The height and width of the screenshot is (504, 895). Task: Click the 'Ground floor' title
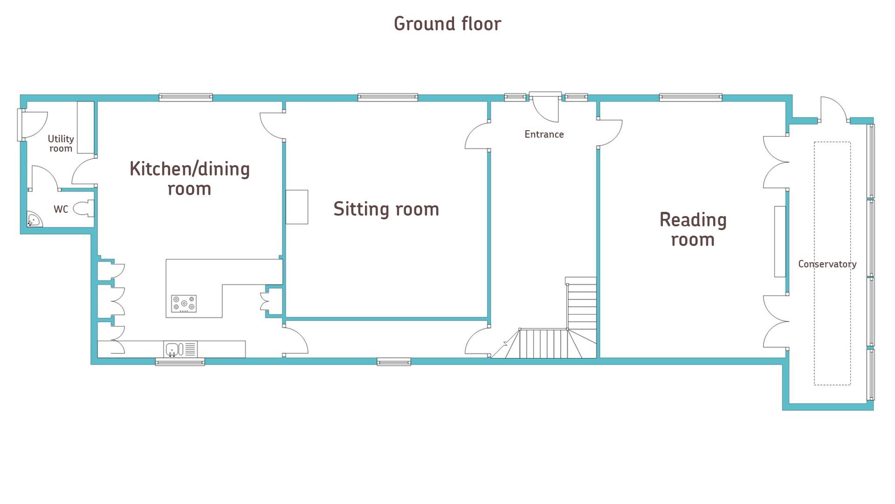click(447, 24)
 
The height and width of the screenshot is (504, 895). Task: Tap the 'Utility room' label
click(61, 143)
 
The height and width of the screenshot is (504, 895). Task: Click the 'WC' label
click(61, 209)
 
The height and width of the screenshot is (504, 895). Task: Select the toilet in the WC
click(84, 209)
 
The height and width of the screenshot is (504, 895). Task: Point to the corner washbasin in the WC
click(33, 220)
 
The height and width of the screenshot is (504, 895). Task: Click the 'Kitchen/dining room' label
click(190, 178)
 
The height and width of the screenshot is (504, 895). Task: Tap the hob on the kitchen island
click(184, 304)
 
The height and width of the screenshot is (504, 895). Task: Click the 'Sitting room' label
click(386, 209)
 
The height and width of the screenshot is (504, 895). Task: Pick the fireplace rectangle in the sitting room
click(297, 207)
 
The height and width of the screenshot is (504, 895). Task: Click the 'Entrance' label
click(544, 134)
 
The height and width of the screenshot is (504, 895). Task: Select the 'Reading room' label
click(693, 229)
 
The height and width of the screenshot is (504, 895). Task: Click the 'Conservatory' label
click(827, 264)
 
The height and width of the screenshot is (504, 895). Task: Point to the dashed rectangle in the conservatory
click(832, 327)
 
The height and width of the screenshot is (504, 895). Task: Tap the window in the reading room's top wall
click(690, 98)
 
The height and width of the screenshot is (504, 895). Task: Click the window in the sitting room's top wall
click(387, 98)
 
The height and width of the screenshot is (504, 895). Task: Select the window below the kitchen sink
click(180, 362)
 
